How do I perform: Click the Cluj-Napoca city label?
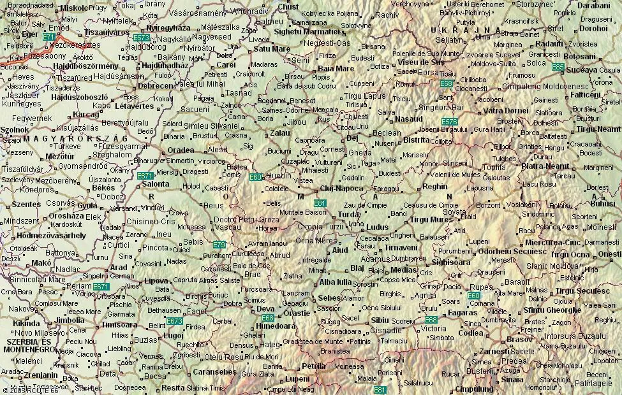click(342, 189)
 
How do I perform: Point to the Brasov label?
click(519, 340)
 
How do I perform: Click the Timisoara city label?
click(119, 324)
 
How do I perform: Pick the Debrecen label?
click(156, 85)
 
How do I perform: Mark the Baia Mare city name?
click(336, 68)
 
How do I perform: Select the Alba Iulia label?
click(336, 282)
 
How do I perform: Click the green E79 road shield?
click(219, 244)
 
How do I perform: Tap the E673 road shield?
click(174, 321)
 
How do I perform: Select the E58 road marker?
click(447, 83)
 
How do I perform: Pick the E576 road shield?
click(450, 122)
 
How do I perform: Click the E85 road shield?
click(558, 66)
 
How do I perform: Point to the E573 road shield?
click(142, 38)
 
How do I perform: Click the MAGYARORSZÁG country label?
click(66, 138)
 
